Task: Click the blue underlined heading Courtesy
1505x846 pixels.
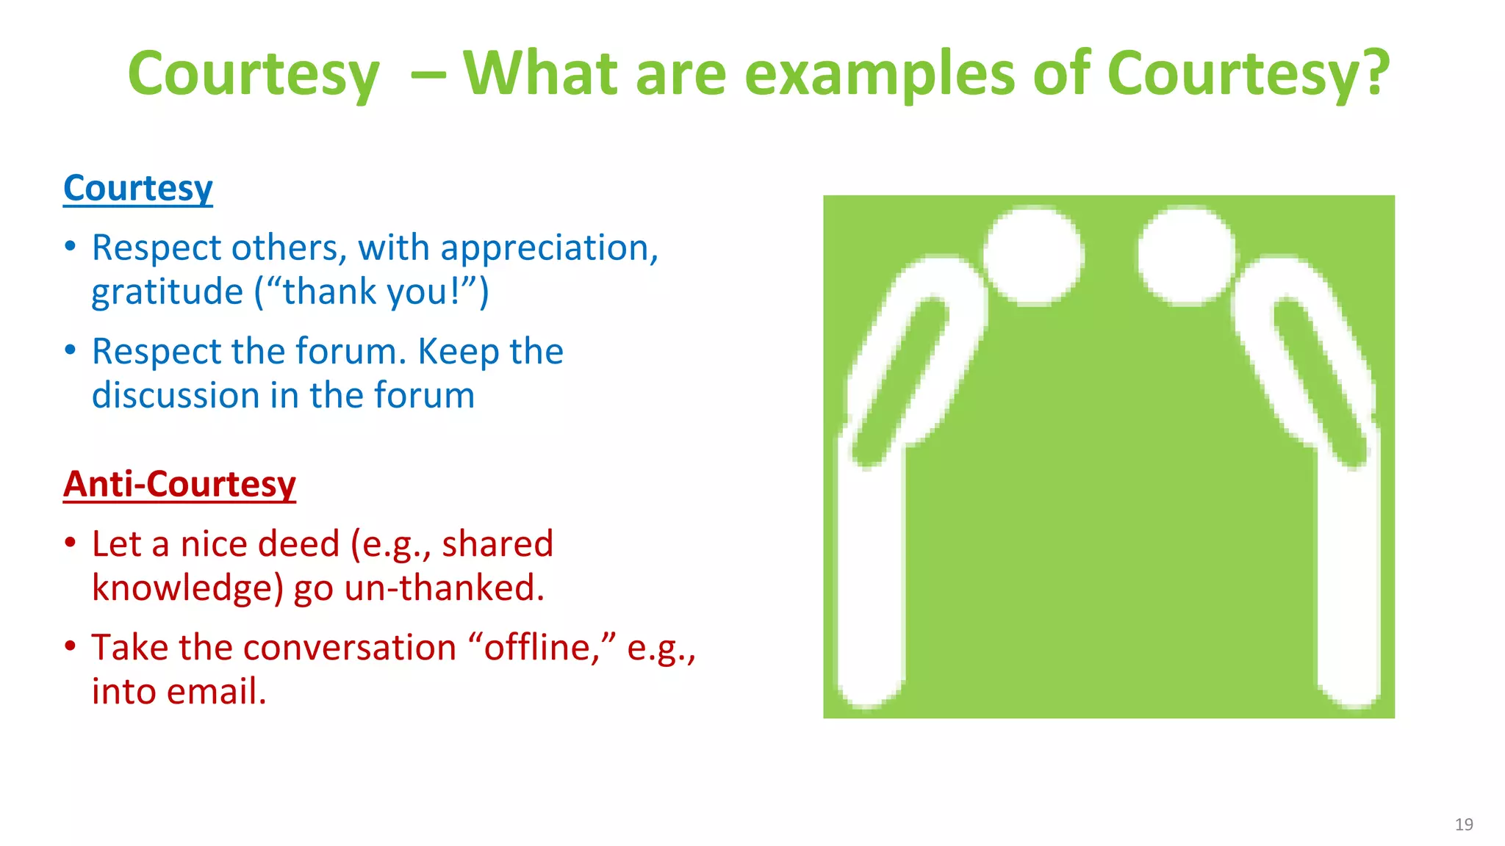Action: [x=138, y=189]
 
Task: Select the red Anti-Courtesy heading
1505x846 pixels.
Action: [x=179, y=485]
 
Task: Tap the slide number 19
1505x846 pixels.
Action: [x=1463, y=824]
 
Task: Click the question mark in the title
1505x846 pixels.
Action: [x=1372, y=73]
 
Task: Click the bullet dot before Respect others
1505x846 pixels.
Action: [x=71, y=247]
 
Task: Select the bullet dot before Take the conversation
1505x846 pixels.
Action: [x=71, y=646]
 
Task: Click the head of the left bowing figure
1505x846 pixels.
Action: [x=1033, y=256]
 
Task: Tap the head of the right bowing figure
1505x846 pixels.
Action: [x=1186, y=256]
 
